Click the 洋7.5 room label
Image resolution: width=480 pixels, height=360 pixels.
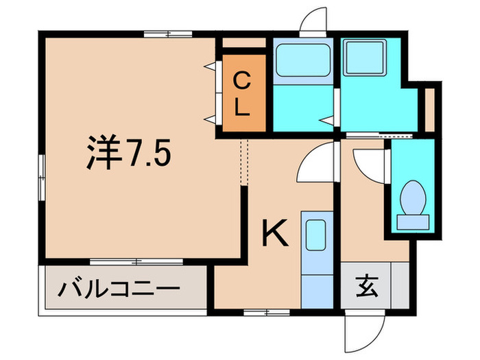point(128,152)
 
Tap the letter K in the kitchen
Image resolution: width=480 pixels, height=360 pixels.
point(274,232)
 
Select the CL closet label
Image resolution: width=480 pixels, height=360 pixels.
point(242,94)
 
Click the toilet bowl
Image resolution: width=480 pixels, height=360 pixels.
point(413,197)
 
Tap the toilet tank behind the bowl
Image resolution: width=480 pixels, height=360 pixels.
point(413,222)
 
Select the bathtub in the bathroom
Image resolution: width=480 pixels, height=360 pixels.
point(303,60)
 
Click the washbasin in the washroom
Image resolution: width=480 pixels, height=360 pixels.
point(364,58)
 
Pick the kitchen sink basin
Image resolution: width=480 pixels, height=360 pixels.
point(315,235)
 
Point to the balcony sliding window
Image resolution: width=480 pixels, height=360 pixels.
point(136,262)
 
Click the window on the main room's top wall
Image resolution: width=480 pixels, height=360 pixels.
point(168,34)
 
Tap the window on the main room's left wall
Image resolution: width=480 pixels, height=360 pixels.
point(42,178)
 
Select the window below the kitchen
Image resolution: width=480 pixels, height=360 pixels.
point(267,312)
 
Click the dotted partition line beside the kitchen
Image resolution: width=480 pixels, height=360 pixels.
point(244,163)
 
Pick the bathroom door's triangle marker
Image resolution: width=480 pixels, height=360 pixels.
point(328,121)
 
